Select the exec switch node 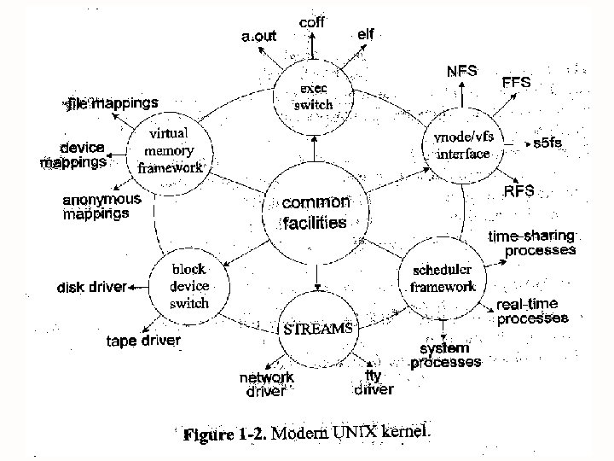tap(313, 96)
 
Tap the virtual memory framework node tap(170, 150)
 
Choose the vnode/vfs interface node tap(463, 147)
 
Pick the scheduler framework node tap(443, 278)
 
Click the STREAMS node tap(316, 327)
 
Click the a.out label tap(258, 37)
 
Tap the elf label tap(365, 33)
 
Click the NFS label tap(462, 70)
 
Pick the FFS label tap(516, 83)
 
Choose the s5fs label tap(548, 143)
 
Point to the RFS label tap(519, 190)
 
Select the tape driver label tap(143, 341)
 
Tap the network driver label tap(266, 384)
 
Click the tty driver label tap(374, 382)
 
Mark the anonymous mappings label tap(101, 207)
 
